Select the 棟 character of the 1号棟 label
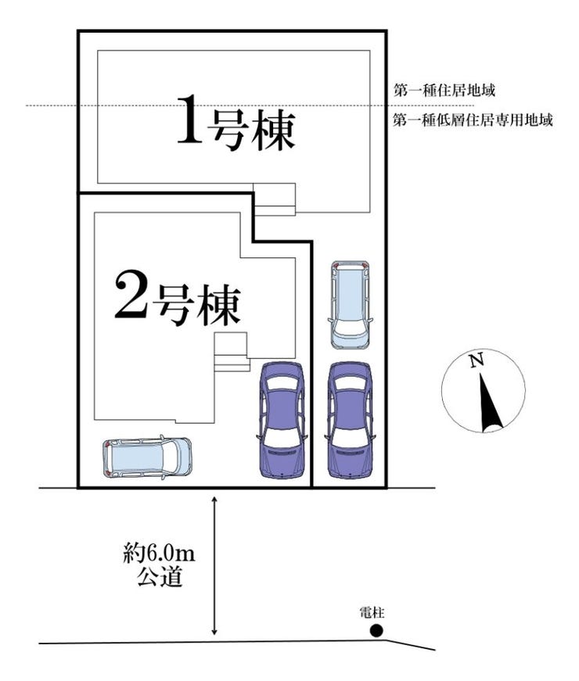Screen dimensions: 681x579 click(x=272, y=131)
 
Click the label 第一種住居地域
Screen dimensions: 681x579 click(x=444, y=91)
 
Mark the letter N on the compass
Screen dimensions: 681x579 click(x=475, y=360)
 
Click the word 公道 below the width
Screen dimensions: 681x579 click(x=160, y=579)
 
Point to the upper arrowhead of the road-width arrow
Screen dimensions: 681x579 click(x=214, y=499)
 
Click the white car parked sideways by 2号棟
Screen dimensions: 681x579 click(x=147, y=457)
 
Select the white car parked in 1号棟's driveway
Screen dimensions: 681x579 click(x=350, y=304)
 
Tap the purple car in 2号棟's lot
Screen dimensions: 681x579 click(x=281, y=420)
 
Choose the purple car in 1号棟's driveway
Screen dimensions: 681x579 click(x=350, y=420)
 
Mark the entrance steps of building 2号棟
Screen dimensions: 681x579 click(x=232, y=352)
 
